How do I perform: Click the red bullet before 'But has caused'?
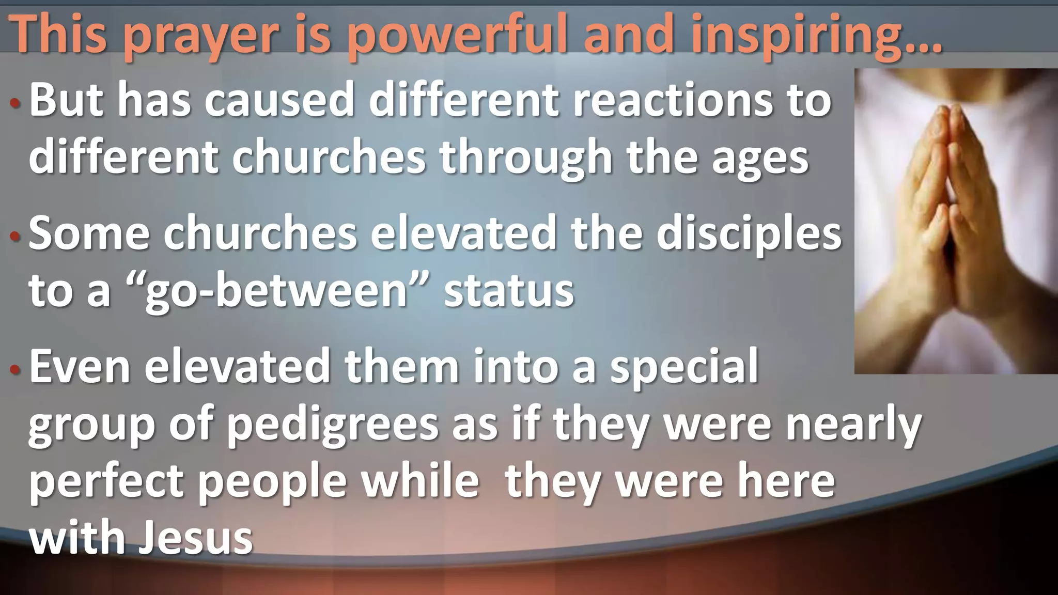15,103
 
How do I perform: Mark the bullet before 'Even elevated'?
15,370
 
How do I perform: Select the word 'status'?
509,290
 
